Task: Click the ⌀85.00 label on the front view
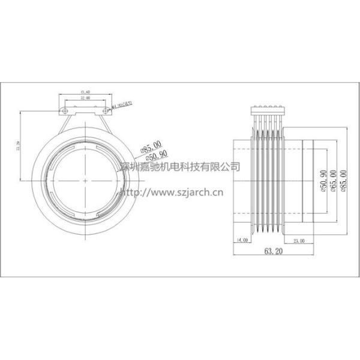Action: [150, 145]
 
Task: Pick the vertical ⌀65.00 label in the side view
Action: [334, 180]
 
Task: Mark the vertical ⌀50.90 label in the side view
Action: [323, 180]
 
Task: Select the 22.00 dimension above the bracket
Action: [86, 97]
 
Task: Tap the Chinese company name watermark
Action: [179, 166]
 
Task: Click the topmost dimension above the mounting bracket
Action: [86, 91]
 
